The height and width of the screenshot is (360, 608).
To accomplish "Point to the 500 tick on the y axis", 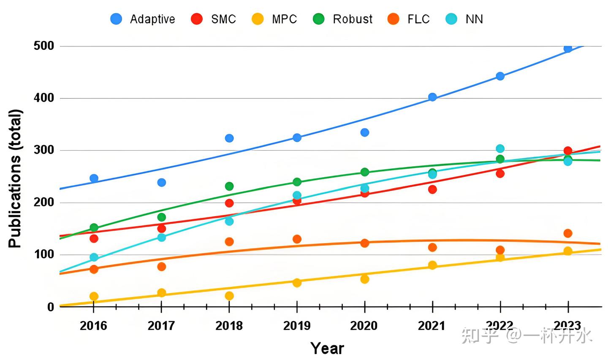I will [44, 46].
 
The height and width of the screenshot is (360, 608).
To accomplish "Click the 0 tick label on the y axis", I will [51, 307].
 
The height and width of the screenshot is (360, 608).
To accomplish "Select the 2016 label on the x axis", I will [93, 325].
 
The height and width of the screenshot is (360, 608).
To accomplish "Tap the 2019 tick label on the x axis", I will [297, 325].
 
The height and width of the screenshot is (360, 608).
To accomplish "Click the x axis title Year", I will [327, 348].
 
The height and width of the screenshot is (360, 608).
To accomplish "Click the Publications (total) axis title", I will [15, 179].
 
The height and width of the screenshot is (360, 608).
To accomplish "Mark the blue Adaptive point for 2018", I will [229, 138].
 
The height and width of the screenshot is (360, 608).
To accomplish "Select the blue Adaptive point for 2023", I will [568, 49].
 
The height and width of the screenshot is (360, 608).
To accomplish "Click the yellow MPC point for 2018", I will [229, 296].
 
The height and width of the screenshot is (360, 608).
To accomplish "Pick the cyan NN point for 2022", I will [500, 149].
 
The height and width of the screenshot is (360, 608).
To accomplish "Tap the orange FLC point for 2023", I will [568, 233].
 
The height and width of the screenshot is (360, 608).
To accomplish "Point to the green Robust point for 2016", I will [94, 228].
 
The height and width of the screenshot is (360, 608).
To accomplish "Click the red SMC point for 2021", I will [432, 189].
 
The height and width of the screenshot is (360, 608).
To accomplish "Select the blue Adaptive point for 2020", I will [365, 133].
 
